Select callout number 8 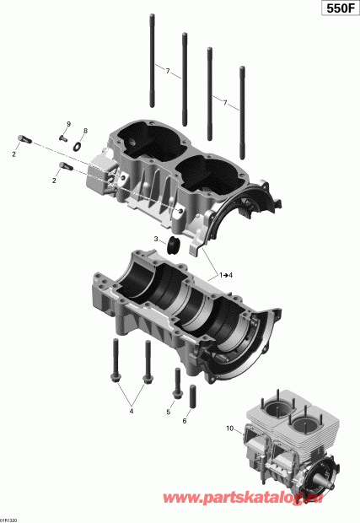85,132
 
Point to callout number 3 156,240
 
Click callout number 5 169,412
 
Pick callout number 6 185,421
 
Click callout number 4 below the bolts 131,412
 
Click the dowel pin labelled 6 193,395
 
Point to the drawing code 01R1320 10,519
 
